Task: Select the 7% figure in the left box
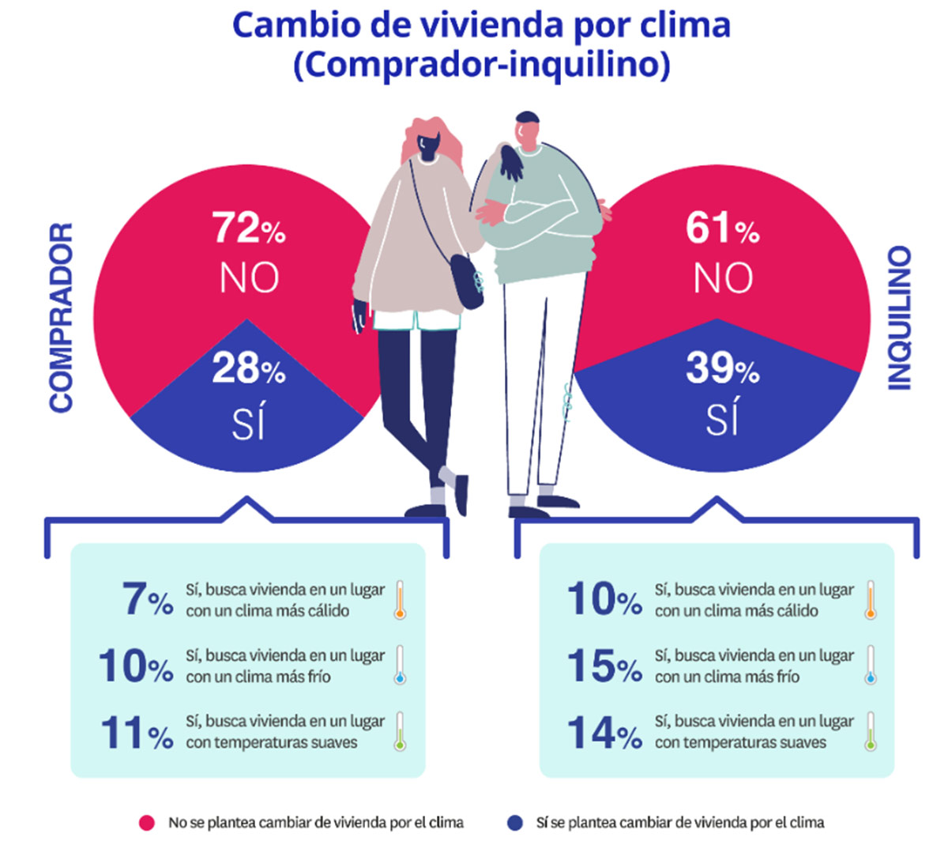click(147, 599)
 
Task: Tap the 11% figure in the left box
click(136, 733)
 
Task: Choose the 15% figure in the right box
click(604, 666)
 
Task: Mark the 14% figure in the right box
click(604, 733)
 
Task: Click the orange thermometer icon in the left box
click(400, 599)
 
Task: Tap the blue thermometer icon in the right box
click(871, 666)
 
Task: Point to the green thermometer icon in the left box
click(400, 732)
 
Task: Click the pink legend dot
click(146, 823)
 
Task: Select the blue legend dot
click(515, 823)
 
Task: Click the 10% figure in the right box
click(604, 599)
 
